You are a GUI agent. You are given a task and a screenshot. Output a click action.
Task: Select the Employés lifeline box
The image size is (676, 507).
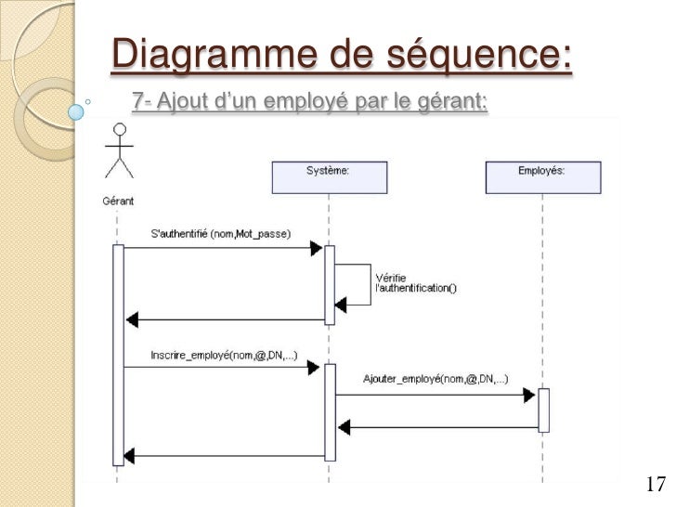[x=543, y=176]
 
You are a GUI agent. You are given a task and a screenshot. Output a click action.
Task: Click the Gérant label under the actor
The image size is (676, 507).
[x=118, y=200]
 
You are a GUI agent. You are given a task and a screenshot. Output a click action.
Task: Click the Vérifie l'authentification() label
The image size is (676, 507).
[x=415, y=282]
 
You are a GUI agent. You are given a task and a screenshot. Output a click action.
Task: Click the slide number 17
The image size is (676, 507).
[x=655, y=484]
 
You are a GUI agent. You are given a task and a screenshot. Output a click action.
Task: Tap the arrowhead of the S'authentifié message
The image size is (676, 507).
[x=316, y=248]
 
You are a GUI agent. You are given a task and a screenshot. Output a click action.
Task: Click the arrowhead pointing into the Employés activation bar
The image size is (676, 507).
[x=529, y=395]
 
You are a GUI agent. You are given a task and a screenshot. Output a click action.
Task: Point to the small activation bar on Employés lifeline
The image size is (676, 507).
[x=543, y=409]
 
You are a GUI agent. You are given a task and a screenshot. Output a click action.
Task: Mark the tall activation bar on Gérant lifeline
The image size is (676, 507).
[x=118, y=353]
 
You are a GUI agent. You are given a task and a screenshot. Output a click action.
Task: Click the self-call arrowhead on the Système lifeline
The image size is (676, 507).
[x=341, y=303]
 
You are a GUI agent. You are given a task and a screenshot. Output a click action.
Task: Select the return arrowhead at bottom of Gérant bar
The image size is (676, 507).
[x=131, y=456]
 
